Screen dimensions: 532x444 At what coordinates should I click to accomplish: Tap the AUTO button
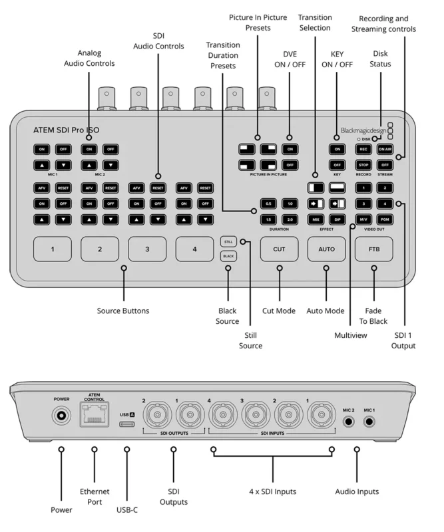click(326, 250)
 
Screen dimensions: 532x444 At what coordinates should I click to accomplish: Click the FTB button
click(373, 250)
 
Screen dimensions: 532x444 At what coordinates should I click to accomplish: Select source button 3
click(147, 250)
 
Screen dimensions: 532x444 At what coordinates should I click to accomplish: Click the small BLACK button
click(228, 256)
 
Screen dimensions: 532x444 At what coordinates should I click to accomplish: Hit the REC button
click(363, 150)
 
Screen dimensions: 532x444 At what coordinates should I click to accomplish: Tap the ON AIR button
click(385, 150)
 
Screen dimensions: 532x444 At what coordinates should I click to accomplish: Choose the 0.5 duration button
click(268, 203)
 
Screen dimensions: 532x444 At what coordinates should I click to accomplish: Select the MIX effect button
click(316, 218)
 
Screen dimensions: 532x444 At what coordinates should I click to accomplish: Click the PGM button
click(385, 218)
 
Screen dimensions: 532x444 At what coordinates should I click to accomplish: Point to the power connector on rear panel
click(61, 416)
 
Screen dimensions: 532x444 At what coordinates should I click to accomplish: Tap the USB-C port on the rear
click(126, 424)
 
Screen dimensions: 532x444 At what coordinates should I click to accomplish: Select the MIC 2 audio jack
click(345, 420)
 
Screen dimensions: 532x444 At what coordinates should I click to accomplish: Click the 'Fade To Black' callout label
click(373, 316)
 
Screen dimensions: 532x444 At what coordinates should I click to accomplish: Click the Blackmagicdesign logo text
click(362, 132)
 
